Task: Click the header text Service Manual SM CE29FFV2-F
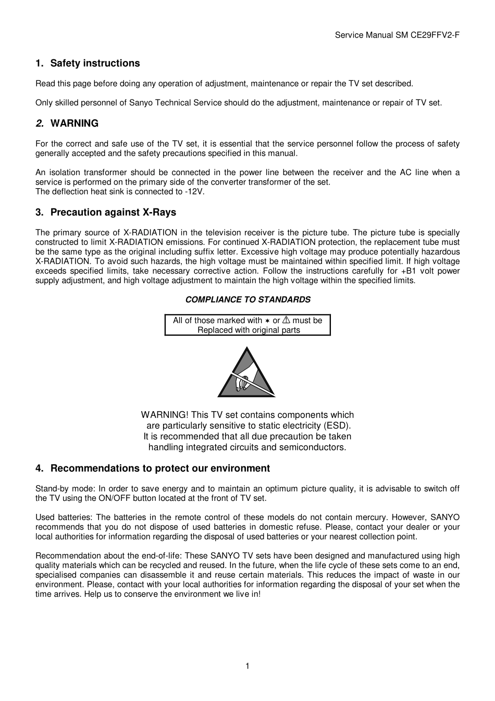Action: tap(397, 35)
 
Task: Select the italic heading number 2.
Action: tap(40, 124)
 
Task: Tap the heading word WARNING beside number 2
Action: tap(74, 124)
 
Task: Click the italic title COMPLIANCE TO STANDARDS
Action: tap(247, 300)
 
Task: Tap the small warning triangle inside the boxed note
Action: tap(286, 320)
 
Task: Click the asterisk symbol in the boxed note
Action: tap(267, 321)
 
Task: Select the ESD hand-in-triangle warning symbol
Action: tap(246, 373)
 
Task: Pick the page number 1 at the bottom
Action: tap(247, 666)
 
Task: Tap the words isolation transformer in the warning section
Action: tap(87, 173)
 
